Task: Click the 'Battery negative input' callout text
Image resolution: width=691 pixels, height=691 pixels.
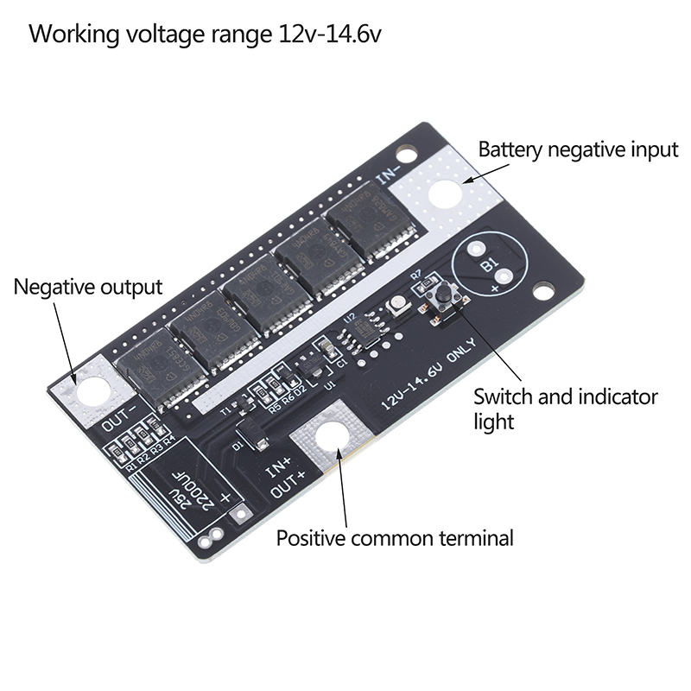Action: point(578,149)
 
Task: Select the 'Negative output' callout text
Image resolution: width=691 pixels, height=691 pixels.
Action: point(87,287)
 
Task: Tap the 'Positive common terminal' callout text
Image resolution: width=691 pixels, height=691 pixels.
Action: point(395,538)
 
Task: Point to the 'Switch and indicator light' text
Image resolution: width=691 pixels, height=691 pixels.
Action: point(566,409)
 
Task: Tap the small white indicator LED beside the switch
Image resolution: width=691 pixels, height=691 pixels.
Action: point(400,305)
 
